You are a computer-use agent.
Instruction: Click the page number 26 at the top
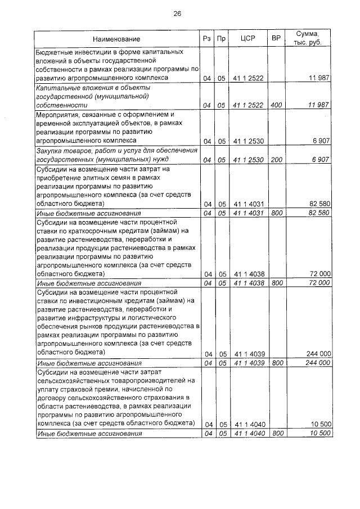177,13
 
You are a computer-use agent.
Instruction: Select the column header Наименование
116,39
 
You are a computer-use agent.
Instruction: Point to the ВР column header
276,39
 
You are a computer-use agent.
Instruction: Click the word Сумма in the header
308,34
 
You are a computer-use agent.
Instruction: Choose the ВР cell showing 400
276,105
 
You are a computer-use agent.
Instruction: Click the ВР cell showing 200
276,160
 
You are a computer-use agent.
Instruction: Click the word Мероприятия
60,114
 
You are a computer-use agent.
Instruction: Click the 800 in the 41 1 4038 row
276,283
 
